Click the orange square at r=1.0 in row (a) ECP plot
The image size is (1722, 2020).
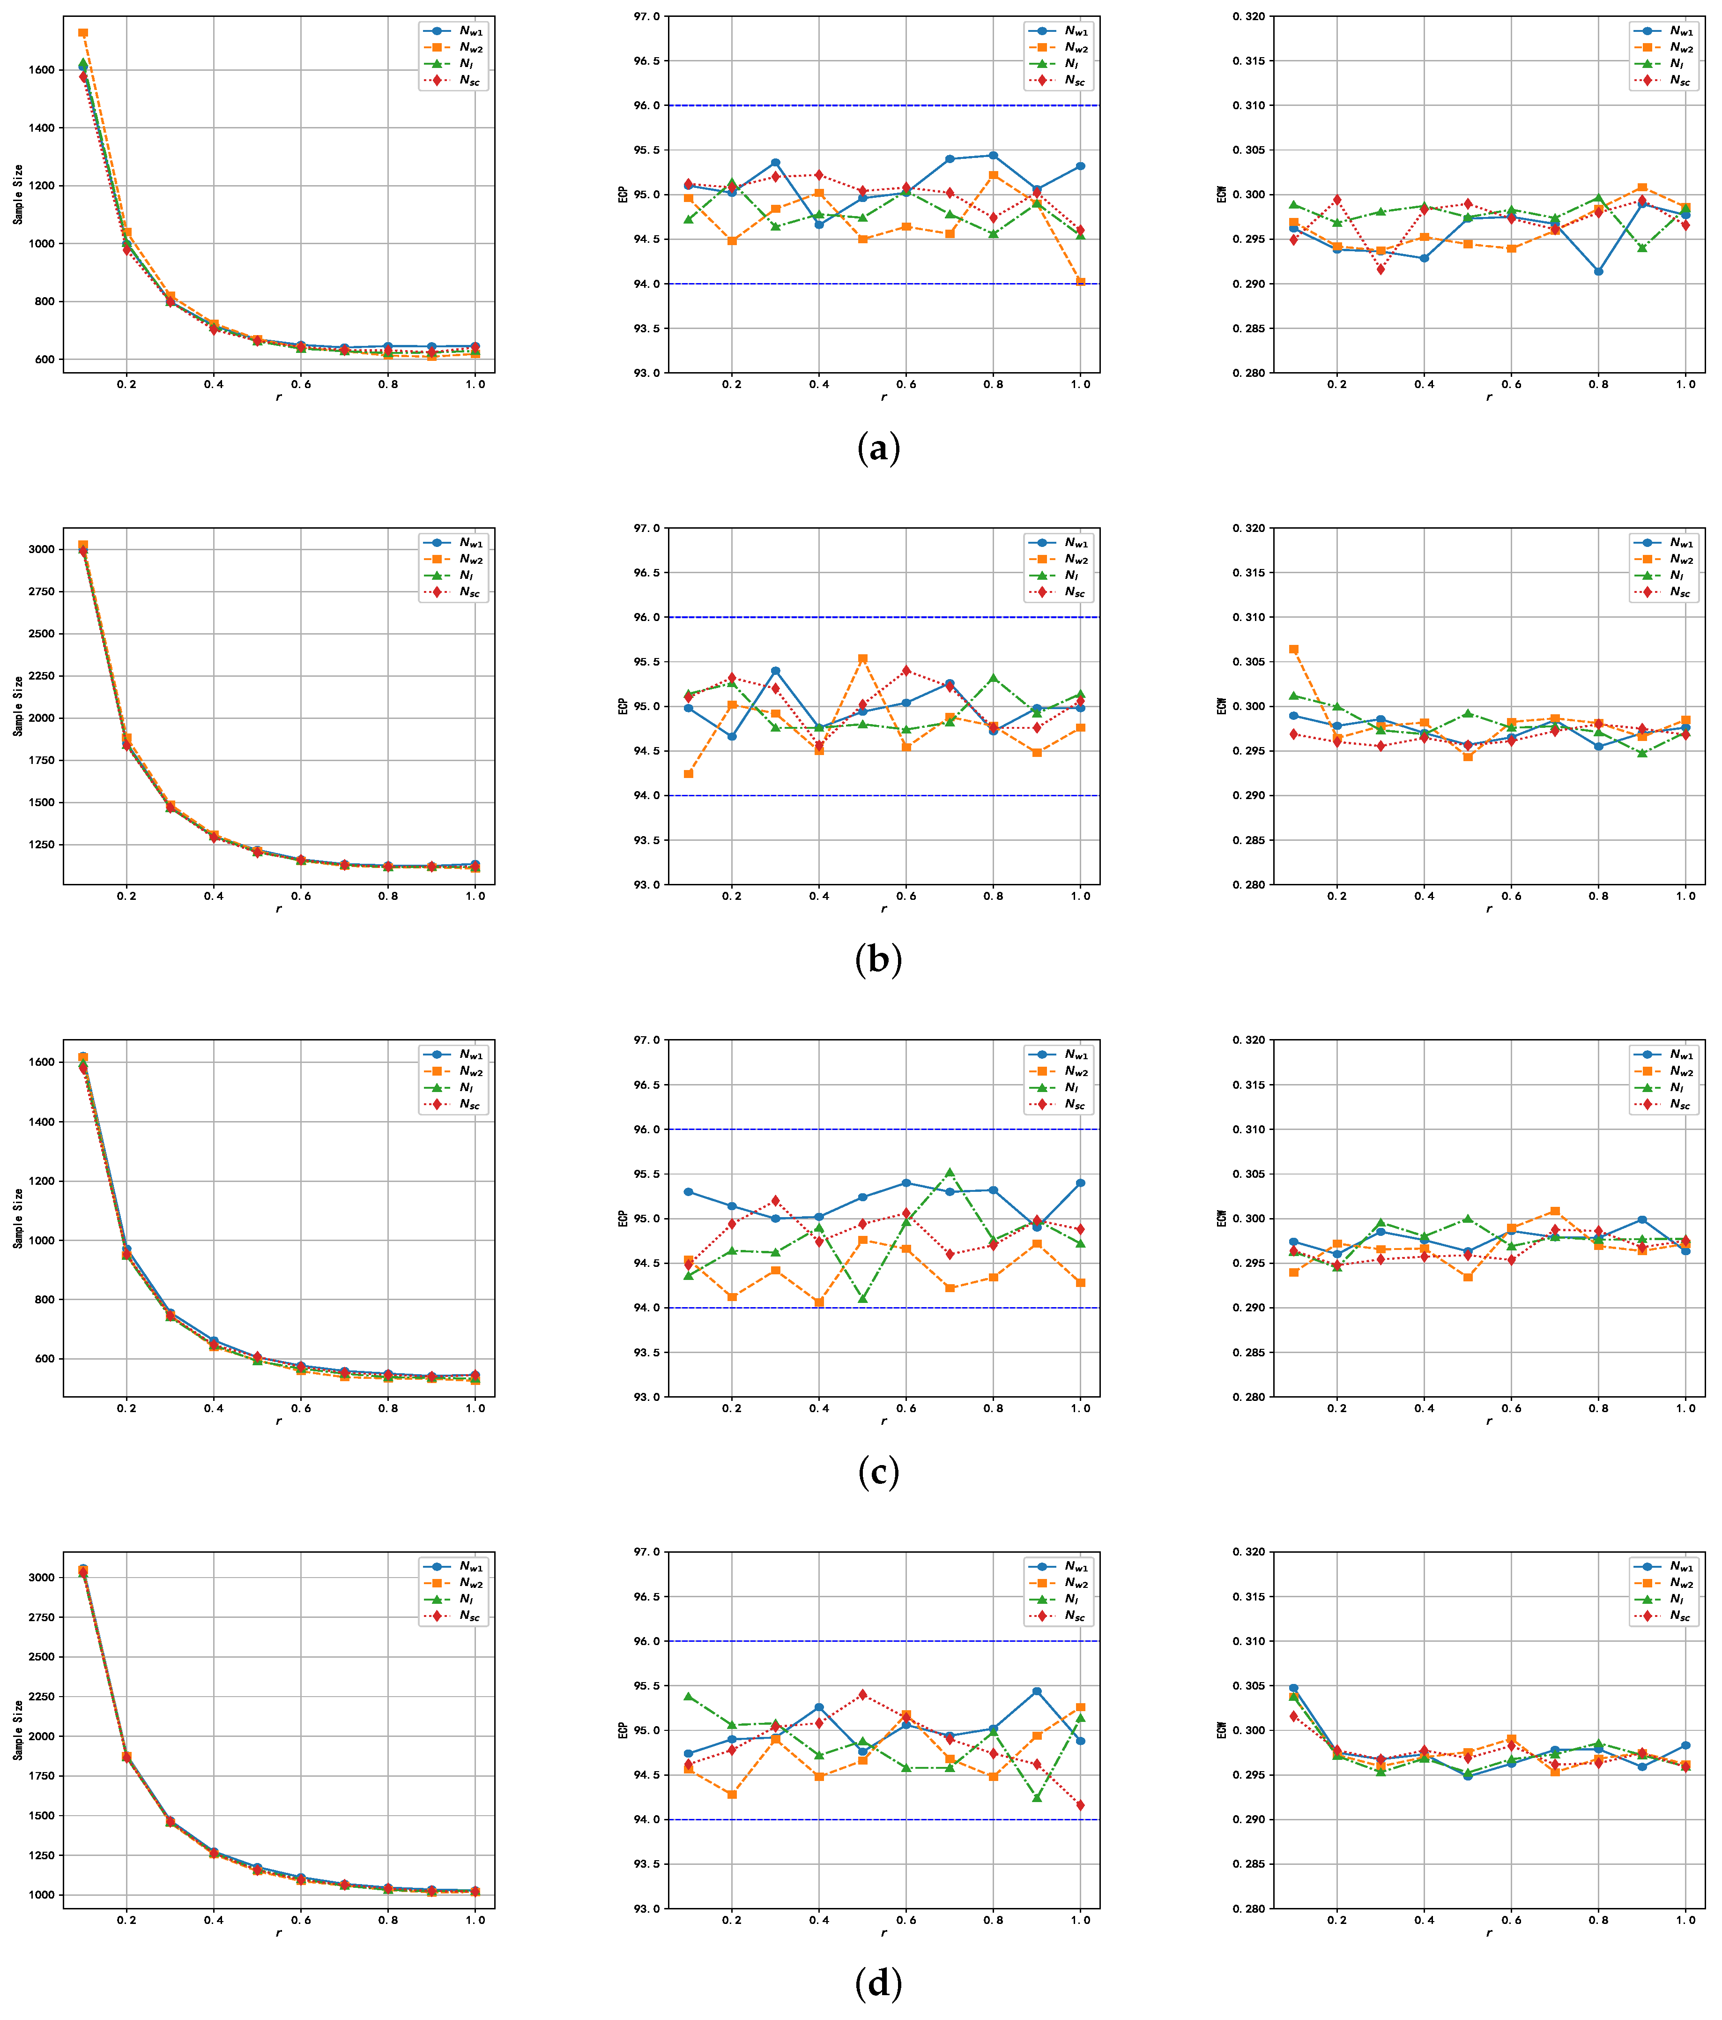(x=1080, y=282)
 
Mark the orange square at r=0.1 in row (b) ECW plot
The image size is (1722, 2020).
(x=1293, y=649)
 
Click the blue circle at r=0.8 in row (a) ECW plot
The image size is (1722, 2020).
(x=1598, y=271)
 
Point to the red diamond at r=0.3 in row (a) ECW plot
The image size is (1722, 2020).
(x=1381, y=269)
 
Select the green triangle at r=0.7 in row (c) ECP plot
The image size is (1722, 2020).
(x=949, y=1173)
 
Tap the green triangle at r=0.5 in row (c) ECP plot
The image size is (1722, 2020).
(x=862, y=1299)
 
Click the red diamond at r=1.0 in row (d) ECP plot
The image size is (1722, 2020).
(x=1080, y=1805)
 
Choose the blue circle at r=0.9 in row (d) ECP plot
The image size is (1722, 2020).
(x=1037, y=1691)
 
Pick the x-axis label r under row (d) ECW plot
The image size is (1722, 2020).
(x=1488, y=1932)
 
